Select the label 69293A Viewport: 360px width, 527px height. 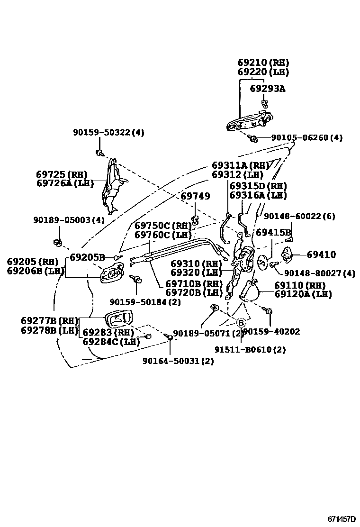[268, 89]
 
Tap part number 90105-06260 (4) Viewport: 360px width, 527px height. [306, 138]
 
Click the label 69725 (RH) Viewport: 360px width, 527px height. [62, 174]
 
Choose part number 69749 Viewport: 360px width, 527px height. [195, 196]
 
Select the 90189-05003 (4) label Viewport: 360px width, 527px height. [69, 220]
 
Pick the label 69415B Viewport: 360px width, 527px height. [273, 233]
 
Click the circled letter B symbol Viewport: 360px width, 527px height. [241, 323]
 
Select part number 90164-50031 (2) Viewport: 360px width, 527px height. [178, 361]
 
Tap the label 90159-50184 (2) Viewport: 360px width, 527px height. [145, 301]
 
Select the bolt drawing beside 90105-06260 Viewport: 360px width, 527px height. [253, 138]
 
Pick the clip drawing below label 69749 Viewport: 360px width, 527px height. [195, 219]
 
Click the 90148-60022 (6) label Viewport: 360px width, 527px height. [299, 216]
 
